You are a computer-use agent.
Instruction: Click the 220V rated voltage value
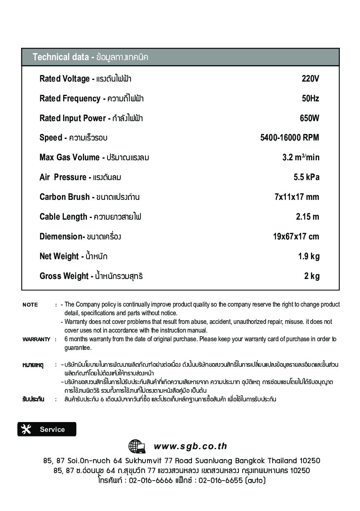pos(310,79)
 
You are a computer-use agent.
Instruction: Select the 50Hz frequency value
pos(310,98)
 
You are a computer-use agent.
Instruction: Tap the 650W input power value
pos(309,118)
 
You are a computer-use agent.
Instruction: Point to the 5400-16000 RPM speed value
pos(290,138)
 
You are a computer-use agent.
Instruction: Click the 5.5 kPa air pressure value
pos(306,177)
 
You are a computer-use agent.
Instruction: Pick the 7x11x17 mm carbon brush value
pos(297,197)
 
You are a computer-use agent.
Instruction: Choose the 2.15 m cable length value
pos(307,217)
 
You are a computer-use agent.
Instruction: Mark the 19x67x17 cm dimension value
pos(296,237)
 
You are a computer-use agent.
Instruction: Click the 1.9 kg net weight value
pos(309,256)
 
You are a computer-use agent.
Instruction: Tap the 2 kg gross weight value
pos(312,276)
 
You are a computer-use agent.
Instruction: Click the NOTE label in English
pos(30,305)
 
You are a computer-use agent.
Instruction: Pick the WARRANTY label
pos(36,339)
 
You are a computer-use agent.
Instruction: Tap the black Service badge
pos(47,429)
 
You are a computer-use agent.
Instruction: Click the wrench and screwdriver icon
pos(26,429)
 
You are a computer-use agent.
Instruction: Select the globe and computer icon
pos(137,446)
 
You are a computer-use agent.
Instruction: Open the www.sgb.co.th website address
pos(190,446)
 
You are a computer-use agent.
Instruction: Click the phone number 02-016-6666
pos(151,481)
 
